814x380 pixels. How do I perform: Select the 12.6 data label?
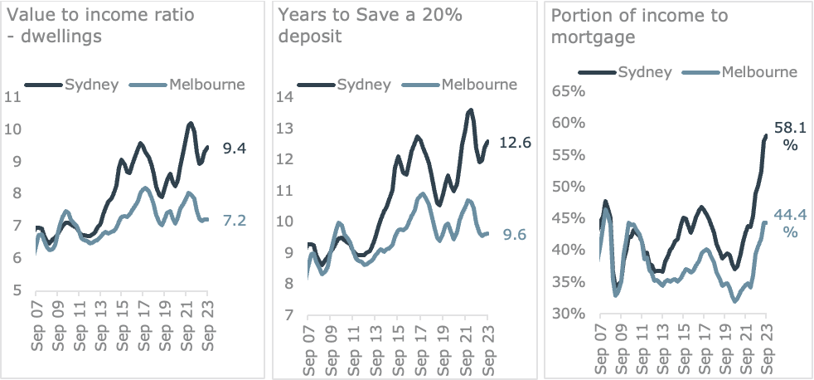[515, 144]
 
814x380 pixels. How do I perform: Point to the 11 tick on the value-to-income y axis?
[12, 97]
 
